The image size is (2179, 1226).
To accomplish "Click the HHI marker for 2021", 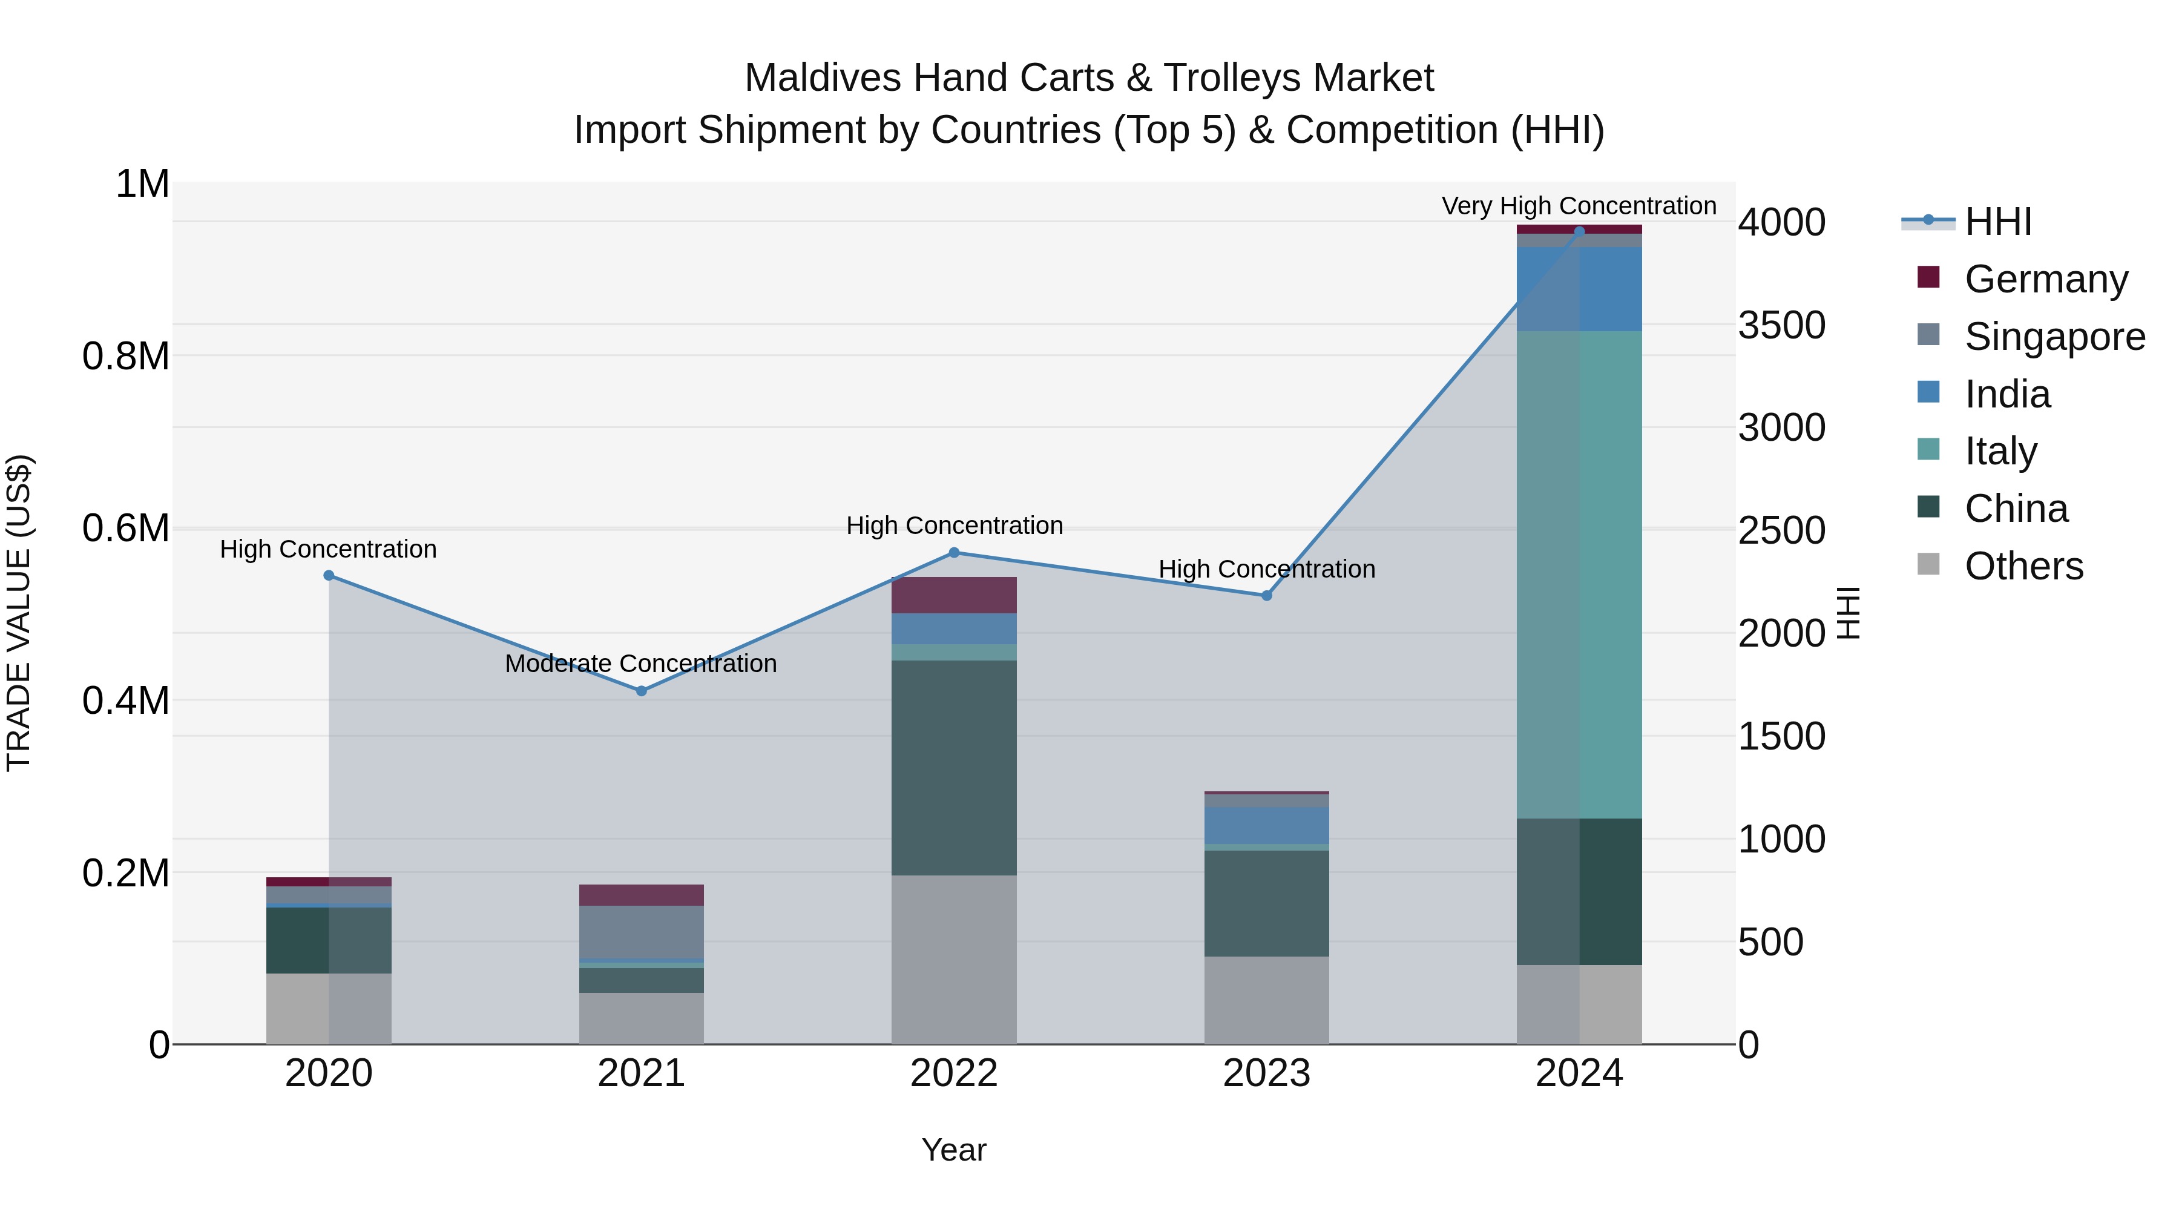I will click(x=641, y=690).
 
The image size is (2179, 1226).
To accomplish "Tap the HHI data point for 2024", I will click(x=1579, y=232).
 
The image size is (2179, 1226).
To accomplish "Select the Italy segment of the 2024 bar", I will click(x=1579, y=575).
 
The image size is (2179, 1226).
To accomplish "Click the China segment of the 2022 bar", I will click(x=954, y=768).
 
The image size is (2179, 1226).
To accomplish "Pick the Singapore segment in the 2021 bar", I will click(x=641, y=932).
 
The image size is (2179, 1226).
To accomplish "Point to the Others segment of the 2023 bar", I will click(x=1266, y=1000).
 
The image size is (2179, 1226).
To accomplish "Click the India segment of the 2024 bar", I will click(x=1579, y=289).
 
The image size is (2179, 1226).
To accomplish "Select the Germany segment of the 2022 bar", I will click(x=954, y=595).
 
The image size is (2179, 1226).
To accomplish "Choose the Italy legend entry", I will click(x=2000, y=451).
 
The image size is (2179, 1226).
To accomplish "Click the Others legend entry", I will click(x=2023, y=566).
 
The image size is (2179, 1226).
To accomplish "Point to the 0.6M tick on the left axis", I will click(x=125, y=529).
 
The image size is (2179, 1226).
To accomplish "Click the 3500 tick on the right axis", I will click(x=1781, y=325).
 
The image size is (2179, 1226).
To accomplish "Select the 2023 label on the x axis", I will click(x=1266, y=1073).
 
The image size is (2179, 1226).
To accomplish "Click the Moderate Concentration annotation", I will click(x=640, y=664).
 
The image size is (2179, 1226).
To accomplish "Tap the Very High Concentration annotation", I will click(x=1579, y=206).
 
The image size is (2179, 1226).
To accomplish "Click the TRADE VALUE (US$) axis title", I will click(x=19, y=613).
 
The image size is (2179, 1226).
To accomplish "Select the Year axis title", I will click(x=953, y=1150).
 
